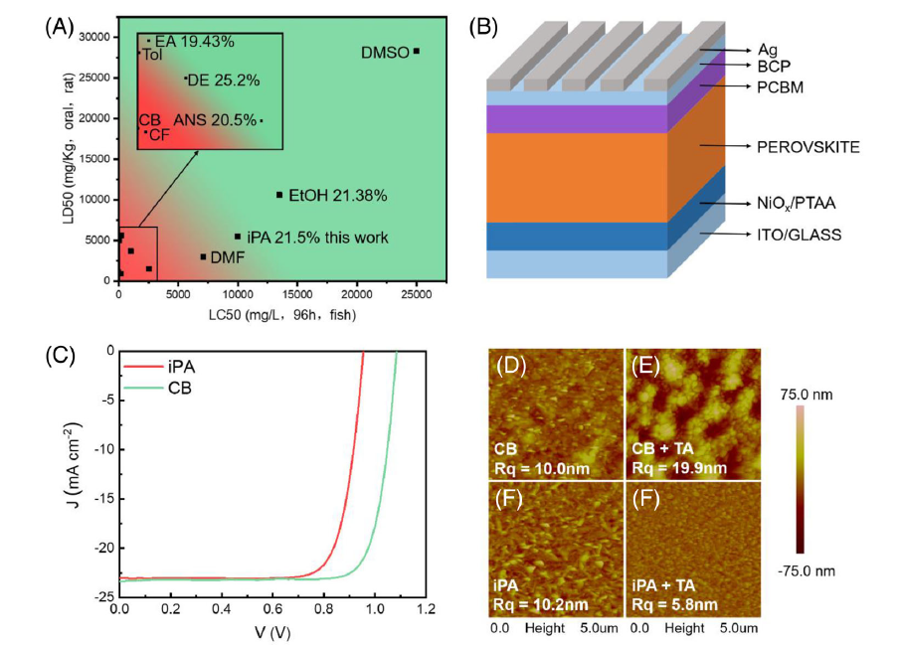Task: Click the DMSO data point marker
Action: click(417, 51)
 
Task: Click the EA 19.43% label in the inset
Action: click(195, 42)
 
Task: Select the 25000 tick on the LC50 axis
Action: click(417, 294)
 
